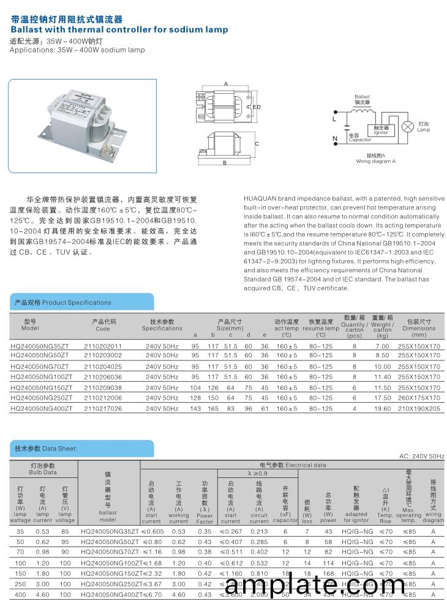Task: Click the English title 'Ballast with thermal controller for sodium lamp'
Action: (x=119, y=29)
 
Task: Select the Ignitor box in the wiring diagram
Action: (x=381, y=130)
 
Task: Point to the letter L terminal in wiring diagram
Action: (x=334, y=119)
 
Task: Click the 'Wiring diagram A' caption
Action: (x=376, y=162)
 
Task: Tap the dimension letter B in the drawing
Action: (x=225, y=163)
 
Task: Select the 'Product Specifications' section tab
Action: (x=62, y=302)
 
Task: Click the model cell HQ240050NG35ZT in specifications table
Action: (x=40, y=346)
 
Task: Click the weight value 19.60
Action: (x=382, y=408)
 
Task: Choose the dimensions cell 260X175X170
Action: (x=419, y=398)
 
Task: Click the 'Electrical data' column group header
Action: (x=293, y=465)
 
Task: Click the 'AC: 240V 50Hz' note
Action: (x=421, y=457)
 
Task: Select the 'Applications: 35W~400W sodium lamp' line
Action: (x=77, y=50)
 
